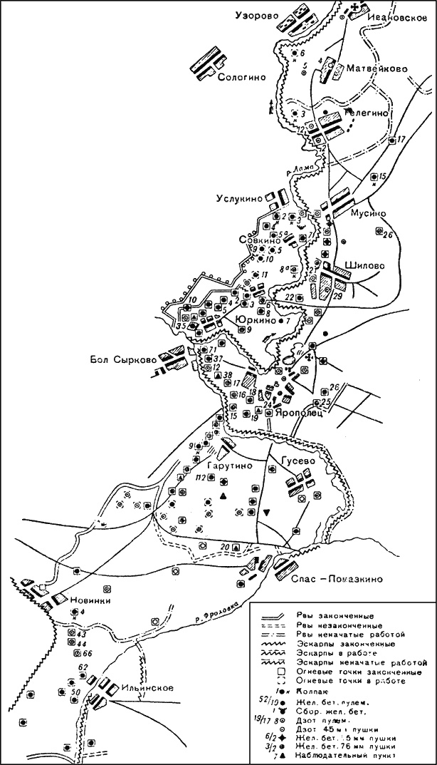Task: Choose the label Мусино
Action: [x=369, y=213]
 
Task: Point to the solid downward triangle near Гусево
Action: [x=266, y=512]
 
